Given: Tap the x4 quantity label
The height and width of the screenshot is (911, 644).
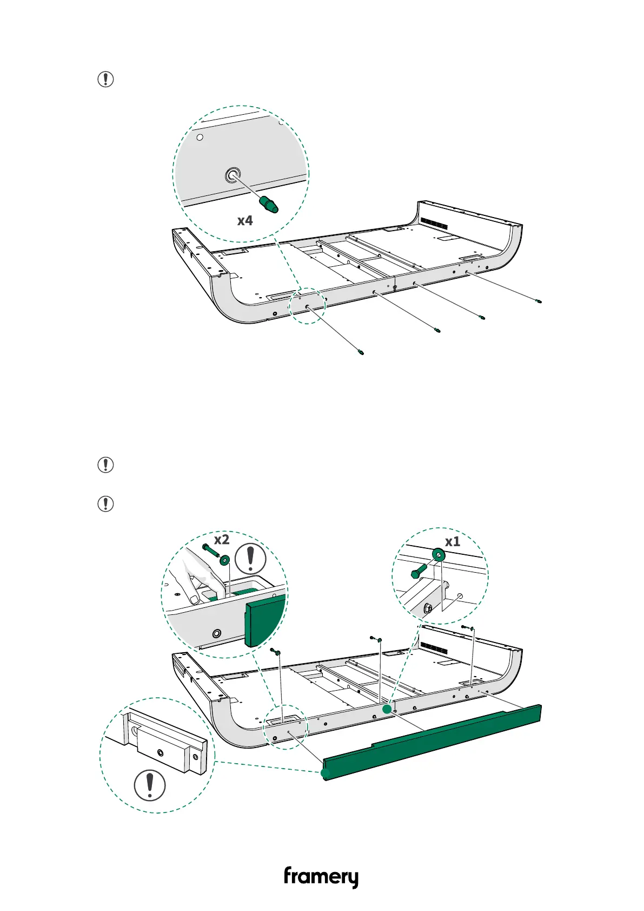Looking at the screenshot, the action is pyautogui.click(x=245, y=221).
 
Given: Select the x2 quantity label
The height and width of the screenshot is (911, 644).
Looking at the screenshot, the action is pyautogui.click(x=222, y=540).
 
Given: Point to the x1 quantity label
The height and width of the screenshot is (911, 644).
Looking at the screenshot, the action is pyautogui.click(x=453, y=542).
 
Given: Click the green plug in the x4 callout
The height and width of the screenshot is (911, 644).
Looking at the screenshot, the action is pyautogui.click(x=268, y=205).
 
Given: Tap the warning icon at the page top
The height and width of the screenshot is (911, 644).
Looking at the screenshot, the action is pyautogui.click(x=105, y=80).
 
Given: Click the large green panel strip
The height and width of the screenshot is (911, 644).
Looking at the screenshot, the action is pyautogui.click(x=433, y=742).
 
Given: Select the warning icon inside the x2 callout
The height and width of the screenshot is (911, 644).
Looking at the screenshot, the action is pyautogui.click(x=250, y=558).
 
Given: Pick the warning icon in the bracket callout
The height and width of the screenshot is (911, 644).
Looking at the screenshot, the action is pyautogui.click(x=150, y=785).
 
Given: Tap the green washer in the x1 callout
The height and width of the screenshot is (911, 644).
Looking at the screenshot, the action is pyautogui.click(x=438, y=554).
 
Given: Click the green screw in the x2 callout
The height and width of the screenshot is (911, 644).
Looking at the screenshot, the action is pyautogui.click(x=209, y=551).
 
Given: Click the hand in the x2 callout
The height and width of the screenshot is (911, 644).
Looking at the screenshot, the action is pyautogui.click(x=192, y=579).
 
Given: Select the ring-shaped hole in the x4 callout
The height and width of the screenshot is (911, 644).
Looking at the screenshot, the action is pyautogui.click(x=233, y=175).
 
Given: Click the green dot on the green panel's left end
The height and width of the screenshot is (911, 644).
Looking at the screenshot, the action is pyautogui.click(x=325, y=774).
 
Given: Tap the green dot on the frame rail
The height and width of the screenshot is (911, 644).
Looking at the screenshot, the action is pyautogui.click(x=387, y=709).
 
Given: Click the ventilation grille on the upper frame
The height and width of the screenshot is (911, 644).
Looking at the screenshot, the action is pyautogui.click(x=434, y=223).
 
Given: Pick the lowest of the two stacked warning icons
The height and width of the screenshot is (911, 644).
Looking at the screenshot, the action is pyautogui.click(x=105, y=504).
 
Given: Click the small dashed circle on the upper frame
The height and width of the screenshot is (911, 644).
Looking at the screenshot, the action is pyautogui.click(x=308, y=306).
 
